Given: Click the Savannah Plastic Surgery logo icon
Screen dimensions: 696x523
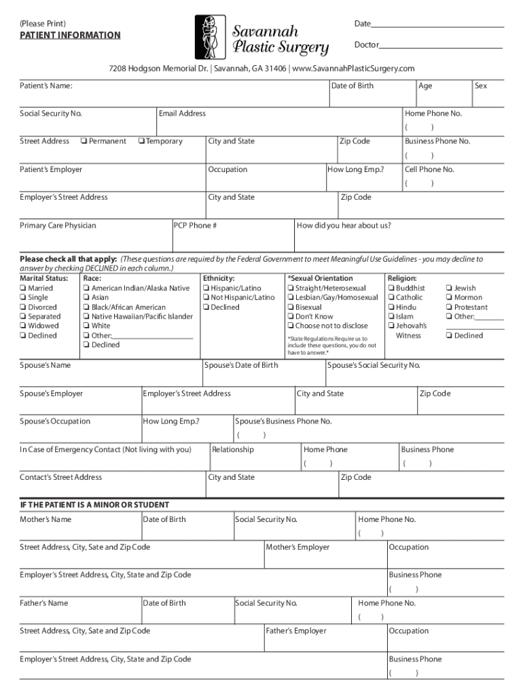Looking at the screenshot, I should pyautogui.click(x=209, y=38).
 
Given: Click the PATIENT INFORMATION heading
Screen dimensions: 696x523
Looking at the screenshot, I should pyautogui.click(x=70, y=35).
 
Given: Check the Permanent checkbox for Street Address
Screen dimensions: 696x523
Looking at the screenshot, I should pyautogui.click(x=83, y=141).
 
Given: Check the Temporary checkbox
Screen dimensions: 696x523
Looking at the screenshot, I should pyautogui.click(x=140, y=141).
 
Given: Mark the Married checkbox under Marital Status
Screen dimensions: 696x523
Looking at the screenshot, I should pyautogui.click(x=24, y=288).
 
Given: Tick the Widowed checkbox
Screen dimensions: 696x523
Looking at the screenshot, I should pyautogui.click(x=24, y=326).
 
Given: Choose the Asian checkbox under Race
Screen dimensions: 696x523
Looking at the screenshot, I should pyautogui.click(x=86, y=298).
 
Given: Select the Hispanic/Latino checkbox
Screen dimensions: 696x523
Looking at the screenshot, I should pyautogui.click(x=205, y=288).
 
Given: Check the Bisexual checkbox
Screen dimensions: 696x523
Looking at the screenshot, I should pyautogui.click(x=291, y=307).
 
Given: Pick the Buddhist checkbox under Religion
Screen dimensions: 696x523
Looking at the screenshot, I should pyautogui.click(x=391, y=288).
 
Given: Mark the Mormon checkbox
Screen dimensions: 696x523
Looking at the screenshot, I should pyautogui.click(x=449, y=298).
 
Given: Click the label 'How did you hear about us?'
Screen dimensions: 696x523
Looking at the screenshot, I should pyautogui.click(x=344, y=226).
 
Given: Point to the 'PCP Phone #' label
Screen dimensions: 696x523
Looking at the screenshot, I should pyautogui.click(x=196, y=226).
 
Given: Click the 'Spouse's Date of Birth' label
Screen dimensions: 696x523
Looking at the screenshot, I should pyautogui.click(x=241, y=366).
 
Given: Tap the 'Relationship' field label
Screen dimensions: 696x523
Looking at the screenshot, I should pyautogui.click(x=233, y=449).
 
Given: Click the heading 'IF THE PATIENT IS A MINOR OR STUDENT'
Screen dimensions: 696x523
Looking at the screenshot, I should pyautogui.click(x=94, y=505).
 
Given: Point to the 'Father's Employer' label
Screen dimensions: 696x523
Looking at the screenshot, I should pyautogui.click(x=296, y=631).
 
